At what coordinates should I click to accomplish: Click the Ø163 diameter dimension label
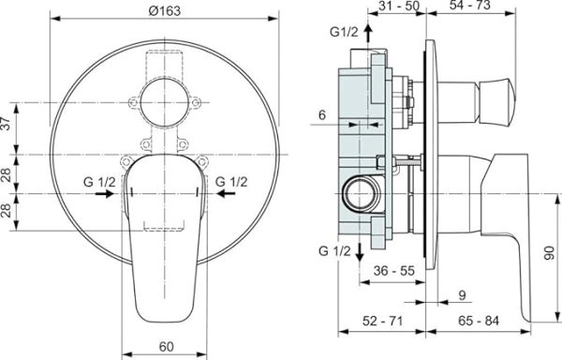coord(165,11)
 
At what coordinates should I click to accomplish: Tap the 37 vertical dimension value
coord(7,124)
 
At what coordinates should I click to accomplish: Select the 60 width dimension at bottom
coord(167,346)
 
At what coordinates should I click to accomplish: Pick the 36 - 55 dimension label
coord(394,270)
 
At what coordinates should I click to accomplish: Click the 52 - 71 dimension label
coord(383,321)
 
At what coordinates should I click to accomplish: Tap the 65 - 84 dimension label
coord(479,321)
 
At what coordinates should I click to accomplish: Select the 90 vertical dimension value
coord(549,253)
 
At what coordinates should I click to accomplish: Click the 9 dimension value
coord(463,295)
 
